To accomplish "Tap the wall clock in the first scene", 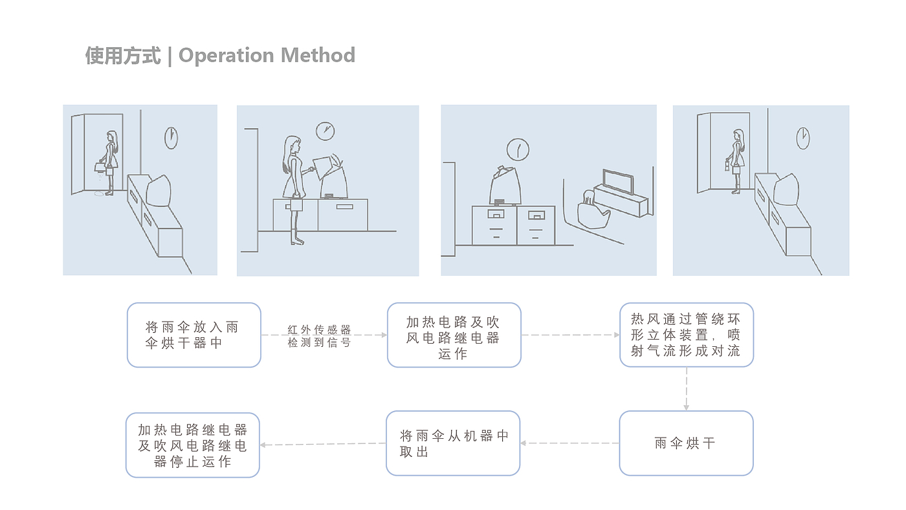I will (x=171, y=137).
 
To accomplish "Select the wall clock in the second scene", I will (x=325, y=131).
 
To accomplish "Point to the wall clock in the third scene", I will (x=518, y=150).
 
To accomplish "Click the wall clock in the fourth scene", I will (x=802, y=137).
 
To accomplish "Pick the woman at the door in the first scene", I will (x=111, y=162).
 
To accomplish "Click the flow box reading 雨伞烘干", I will (x=686, y=443).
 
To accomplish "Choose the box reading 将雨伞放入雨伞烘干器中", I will (x=194, y=335).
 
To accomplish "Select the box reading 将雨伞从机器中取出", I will (x=453, y=443).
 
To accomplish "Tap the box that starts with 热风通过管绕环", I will (x=686, y=335).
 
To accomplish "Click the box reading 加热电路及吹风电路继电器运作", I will (x=454, y=335).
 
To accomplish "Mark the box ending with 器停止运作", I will (x=193, y=445).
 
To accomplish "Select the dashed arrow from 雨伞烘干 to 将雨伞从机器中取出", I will (x=569, y=443).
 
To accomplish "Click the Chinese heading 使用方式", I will (x=123, y=56).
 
